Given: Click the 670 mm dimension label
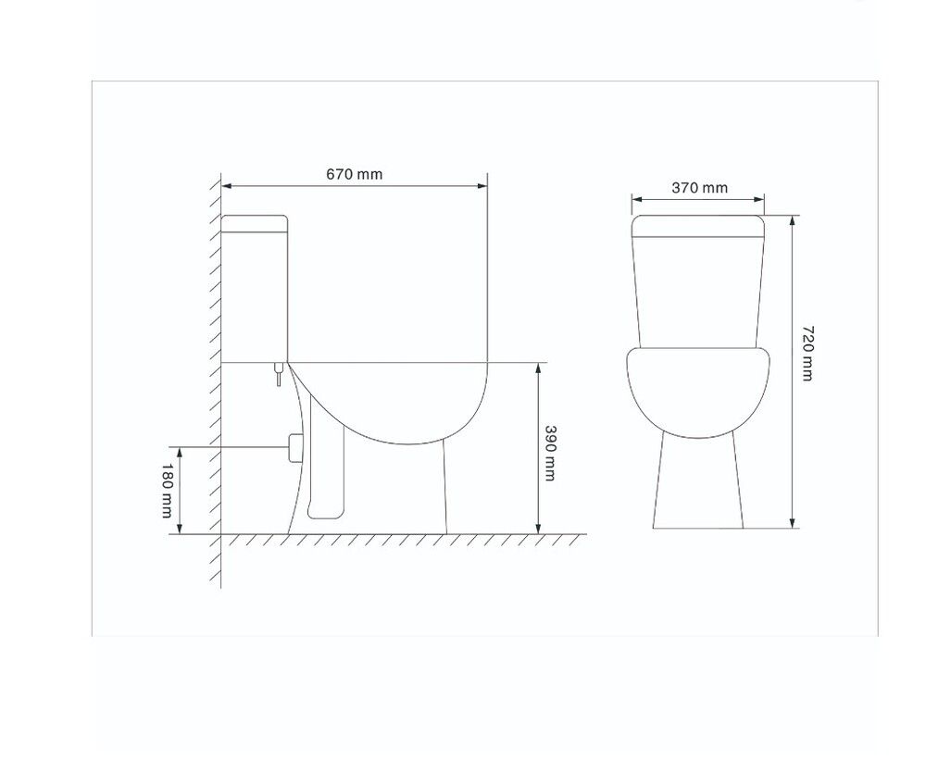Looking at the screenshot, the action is [355, 174].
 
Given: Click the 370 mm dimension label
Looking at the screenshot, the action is [700, 188].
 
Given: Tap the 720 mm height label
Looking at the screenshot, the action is [807, 353].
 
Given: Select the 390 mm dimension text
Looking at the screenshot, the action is [550, 453].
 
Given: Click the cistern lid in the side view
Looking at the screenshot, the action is [254, 223].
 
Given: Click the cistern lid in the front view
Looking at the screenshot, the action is [698, 227].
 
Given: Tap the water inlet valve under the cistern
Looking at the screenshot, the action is [279, 374].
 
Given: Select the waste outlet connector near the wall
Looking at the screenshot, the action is [294, 447].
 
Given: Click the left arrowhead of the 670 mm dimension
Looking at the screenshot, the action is [227, 186].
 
